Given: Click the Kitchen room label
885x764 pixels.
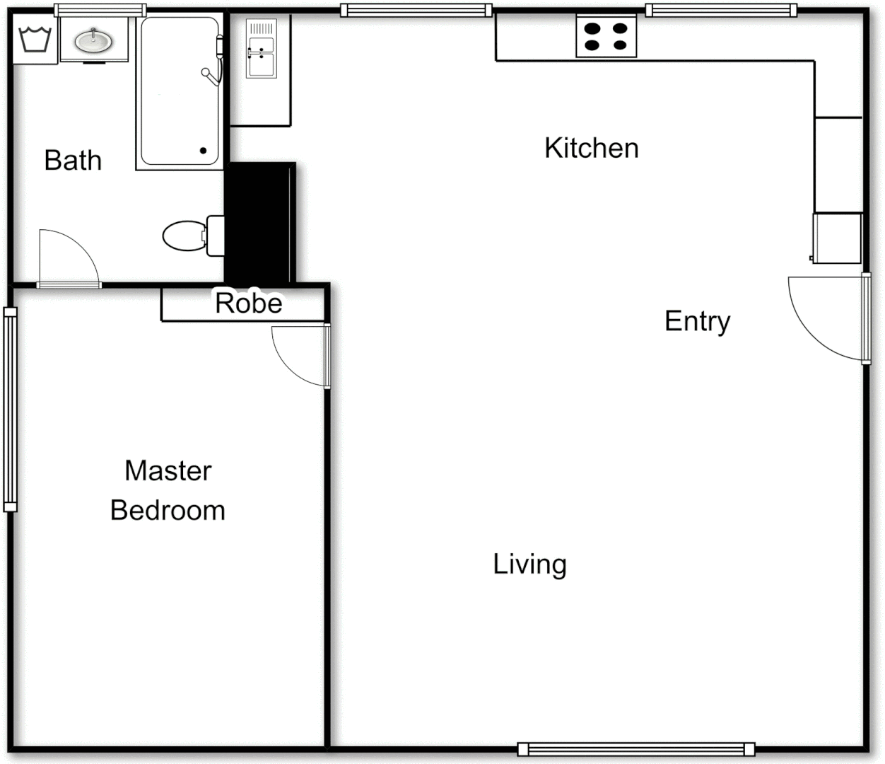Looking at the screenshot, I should tap(591, 148).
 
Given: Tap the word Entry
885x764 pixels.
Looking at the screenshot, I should tap(697, 322).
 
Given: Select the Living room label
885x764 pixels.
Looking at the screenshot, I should tap(529, 565).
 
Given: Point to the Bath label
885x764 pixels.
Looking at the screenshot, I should tap(73, 161).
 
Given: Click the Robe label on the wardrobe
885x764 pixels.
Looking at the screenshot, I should tap(249, 303).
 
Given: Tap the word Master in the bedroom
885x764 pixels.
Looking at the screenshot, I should tap(168, 470).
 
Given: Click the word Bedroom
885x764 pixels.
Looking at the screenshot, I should tap(168, 510).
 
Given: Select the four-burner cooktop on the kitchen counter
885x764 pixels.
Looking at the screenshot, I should tap(606, 37).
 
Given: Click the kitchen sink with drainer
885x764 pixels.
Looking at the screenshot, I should tap(261, 49).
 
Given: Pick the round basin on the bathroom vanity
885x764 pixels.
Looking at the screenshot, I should tap(93, 41).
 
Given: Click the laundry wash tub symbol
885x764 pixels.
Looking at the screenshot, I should tap(35, 40).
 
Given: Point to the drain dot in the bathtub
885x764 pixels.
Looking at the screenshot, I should tap(203, 151).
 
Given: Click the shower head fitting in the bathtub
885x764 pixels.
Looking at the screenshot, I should tap(210, 75).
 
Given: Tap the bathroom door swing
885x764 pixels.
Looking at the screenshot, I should tap(67, 258).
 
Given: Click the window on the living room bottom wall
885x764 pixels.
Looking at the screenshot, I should tap(635, 749).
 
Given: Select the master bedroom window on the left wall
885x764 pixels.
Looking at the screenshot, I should tap(10, 409).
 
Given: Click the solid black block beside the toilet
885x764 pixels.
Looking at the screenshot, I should tap(259, 223).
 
